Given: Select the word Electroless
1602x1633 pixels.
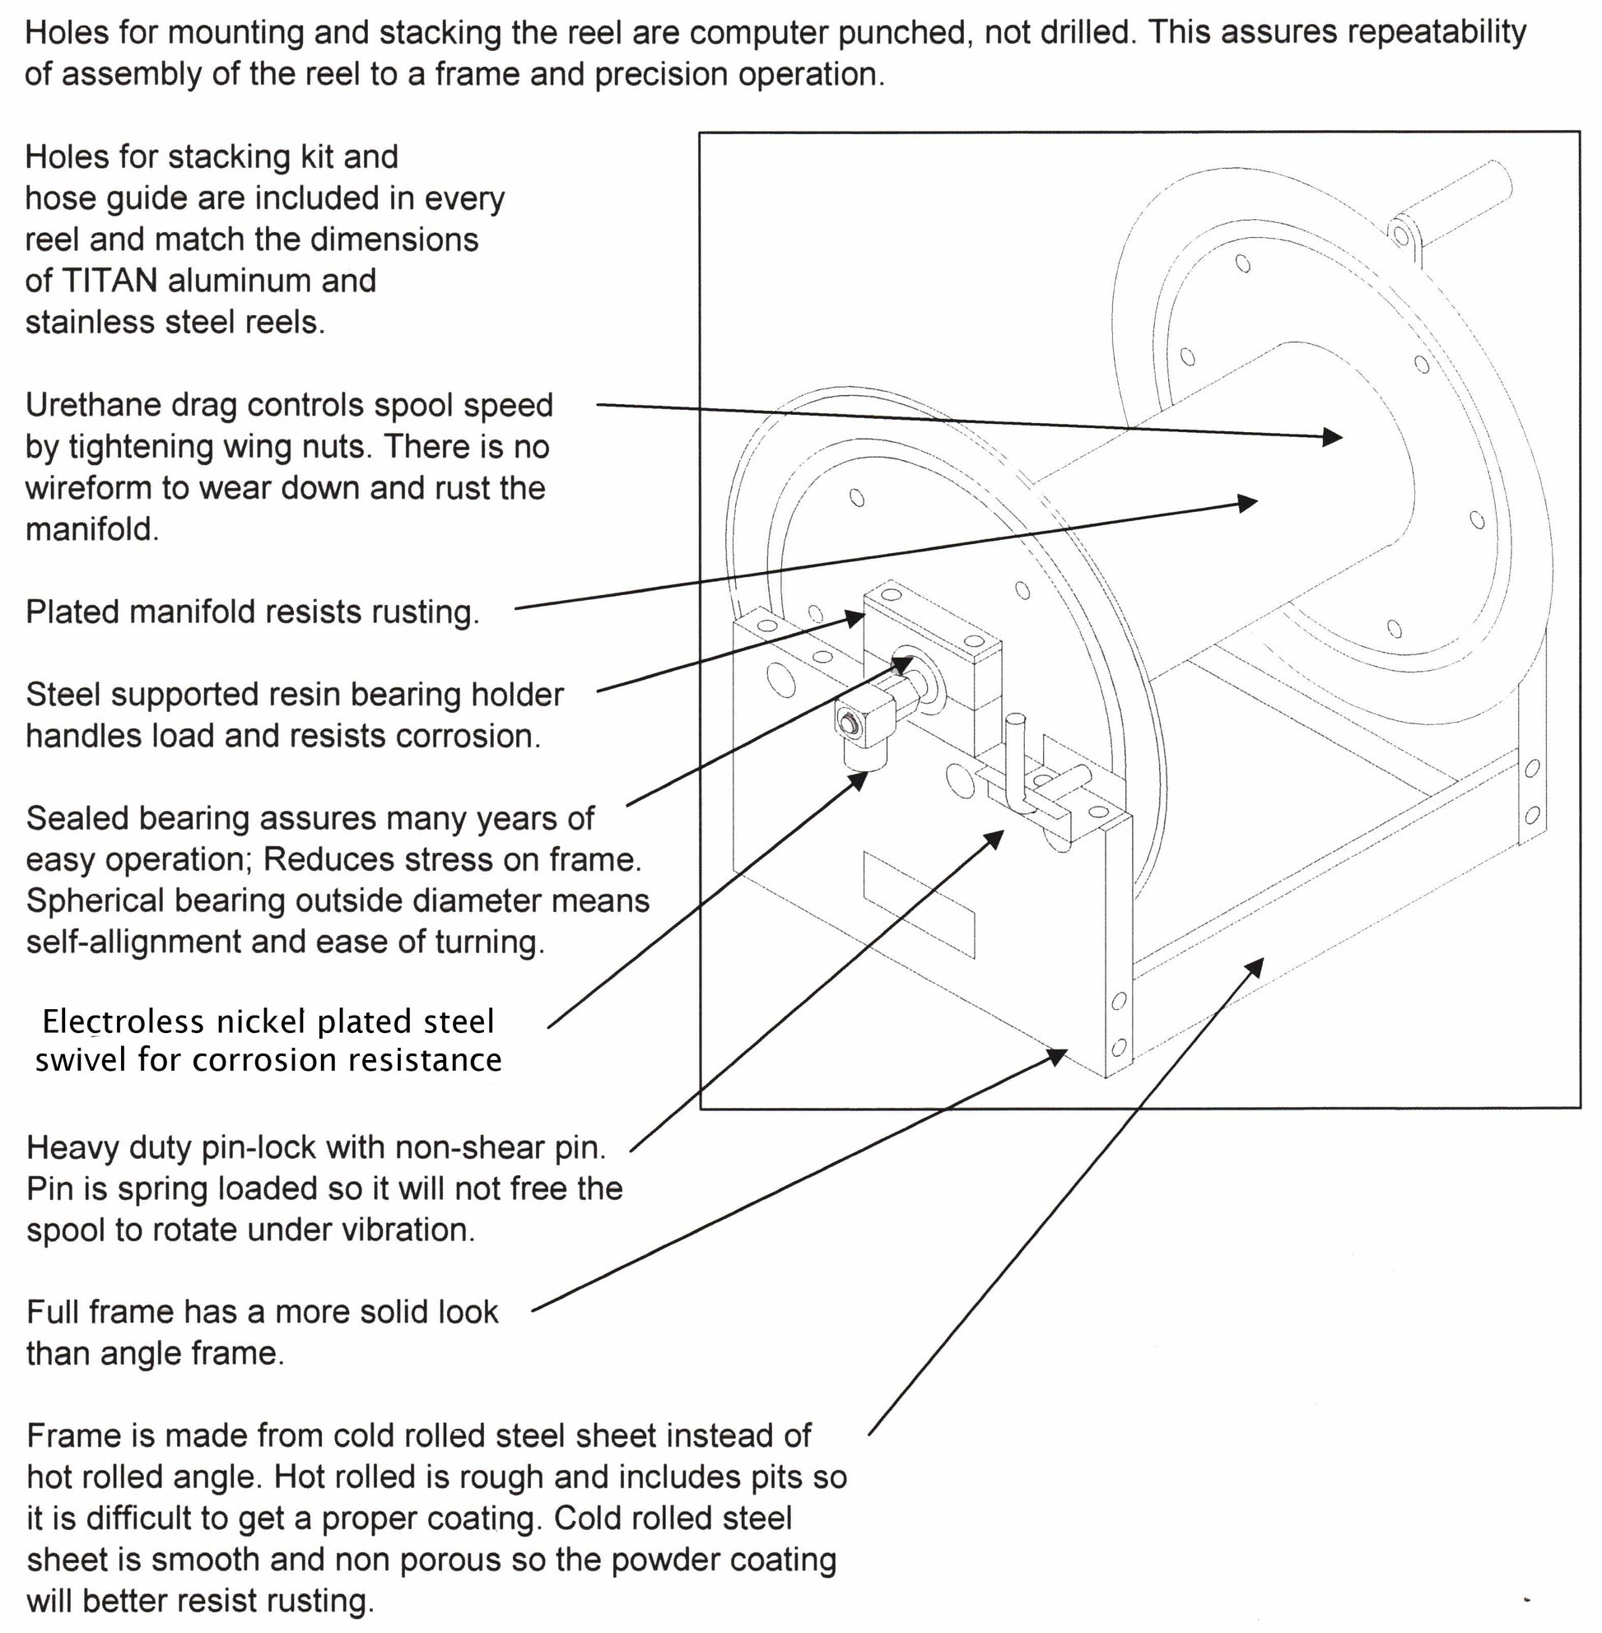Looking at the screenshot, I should click(x=123, y=1021).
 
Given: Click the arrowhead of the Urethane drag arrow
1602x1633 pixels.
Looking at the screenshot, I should click(x=1334, y=436).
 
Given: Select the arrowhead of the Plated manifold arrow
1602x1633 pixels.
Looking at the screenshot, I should click(x=1248, y=503).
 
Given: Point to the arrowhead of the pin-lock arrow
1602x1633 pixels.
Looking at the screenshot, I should click(x=996, y=838).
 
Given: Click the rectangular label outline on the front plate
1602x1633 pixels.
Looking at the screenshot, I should click(x=919, y=904).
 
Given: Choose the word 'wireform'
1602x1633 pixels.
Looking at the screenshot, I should click(x=90, y=488).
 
